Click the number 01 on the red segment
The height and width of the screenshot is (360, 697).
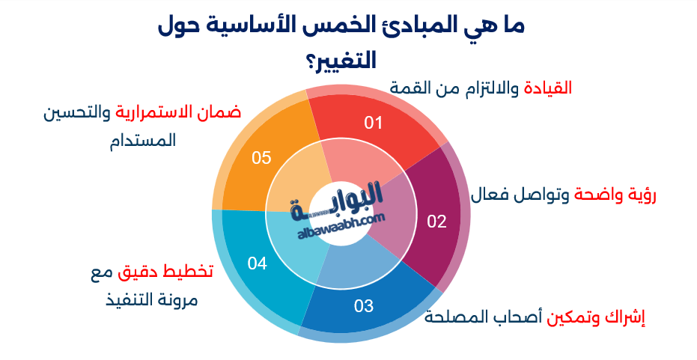click(374, 123)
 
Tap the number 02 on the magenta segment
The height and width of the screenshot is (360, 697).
click(436, 221)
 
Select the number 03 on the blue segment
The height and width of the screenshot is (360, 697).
click(364, 305)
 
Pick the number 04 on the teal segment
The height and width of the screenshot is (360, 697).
click(258, 263)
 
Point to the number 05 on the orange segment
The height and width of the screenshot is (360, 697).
click(261, 158)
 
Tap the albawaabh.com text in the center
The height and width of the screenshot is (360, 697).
click(342, 224)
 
